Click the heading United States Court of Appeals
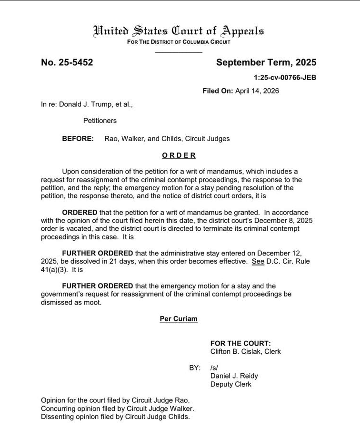[x=179, y=31]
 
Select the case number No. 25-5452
[x=67, y=62]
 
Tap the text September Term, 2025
[x=266, y=62]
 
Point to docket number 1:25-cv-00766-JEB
[x=285, y=77]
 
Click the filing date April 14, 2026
[x=257, y=91]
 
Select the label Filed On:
[x=218, y=91]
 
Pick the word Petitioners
[x=100, y=121]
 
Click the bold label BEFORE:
[x=78, y=139]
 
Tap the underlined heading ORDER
[x=179, y=155]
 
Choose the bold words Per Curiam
[x=179, y=319]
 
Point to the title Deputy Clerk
[x=231, y=384]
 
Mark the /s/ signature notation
[x=214, y=368]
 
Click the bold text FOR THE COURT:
[x=240, y=343]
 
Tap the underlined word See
[x=258, y=262]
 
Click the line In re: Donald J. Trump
[x=87, y=104]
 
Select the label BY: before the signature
[x=195, y=368]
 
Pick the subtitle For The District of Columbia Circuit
[x=179, y=42]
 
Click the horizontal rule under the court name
[x=179, y=51]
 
